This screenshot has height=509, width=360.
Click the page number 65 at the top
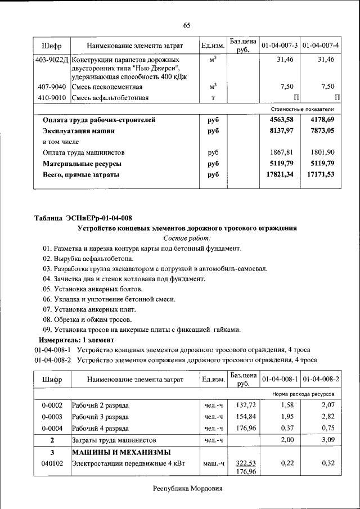[x=187, y=25]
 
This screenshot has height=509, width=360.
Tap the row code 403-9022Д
[x=51, y=59]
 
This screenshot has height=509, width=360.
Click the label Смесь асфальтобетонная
[x=110, y=98]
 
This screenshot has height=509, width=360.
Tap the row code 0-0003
[x=52, y=417]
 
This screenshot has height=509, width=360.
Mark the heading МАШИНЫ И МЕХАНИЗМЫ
[x=121, y=452]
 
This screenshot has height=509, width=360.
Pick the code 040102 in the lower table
[x=52, y=463]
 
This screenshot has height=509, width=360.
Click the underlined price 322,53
[x=245, y=463]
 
